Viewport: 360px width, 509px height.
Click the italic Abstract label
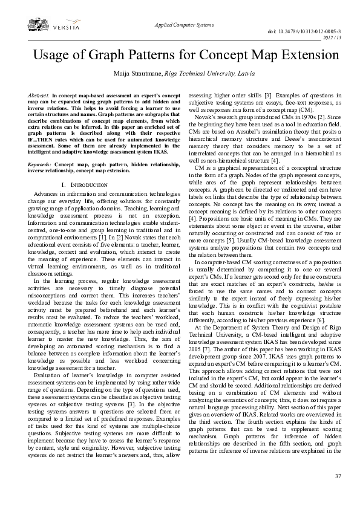(x=39, y=96)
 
